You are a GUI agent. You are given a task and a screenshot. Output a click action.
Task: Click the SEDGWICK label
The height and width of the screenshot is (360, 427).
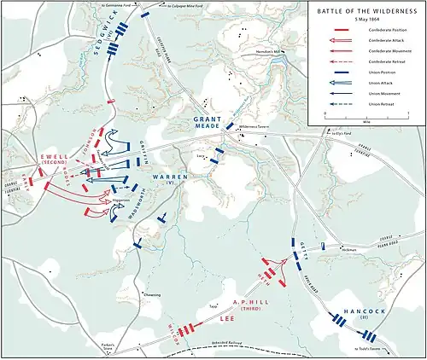108,37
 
